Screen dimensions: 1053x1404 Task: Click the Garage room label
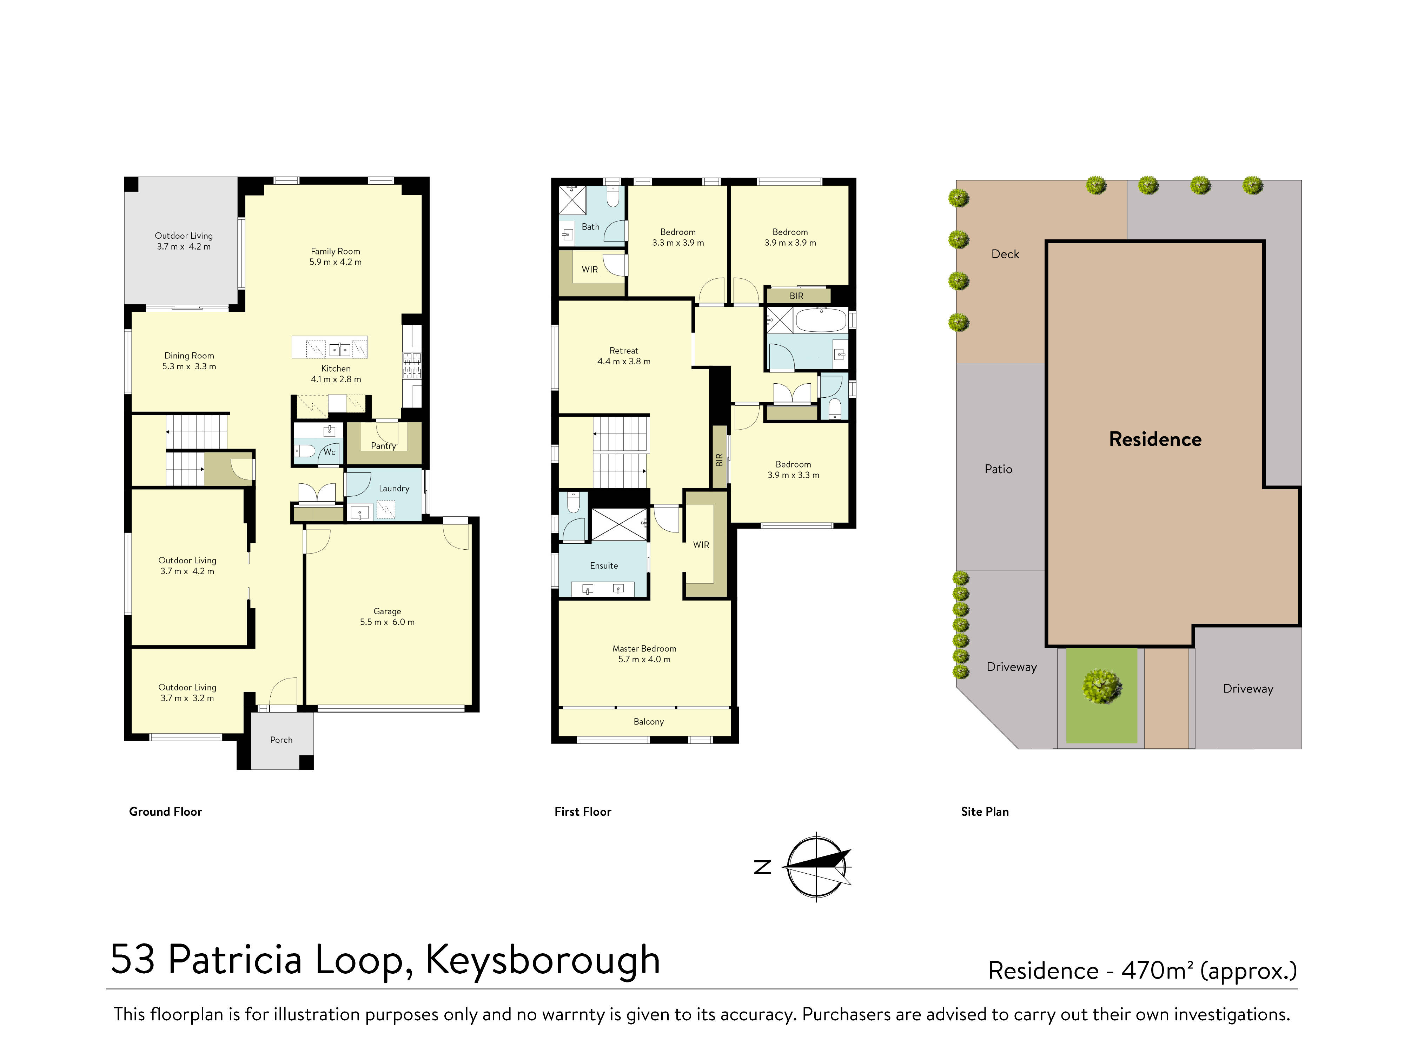387,611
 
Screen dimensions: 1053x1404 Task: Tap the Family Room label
335,251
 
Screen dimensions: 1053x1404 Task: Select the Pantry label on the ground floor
383,445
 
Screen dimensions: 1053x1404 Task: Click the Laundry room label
393,488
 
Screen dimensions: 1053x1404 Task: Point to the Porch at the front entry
281,740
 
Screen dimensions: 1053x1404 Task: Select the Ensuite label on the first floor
604,565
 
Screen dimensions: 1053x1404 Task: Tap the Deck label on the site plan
1005,254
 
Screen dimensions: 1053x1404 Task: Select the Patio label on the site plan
998,469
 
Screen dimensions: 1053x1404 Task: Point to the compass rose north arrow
817,866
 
